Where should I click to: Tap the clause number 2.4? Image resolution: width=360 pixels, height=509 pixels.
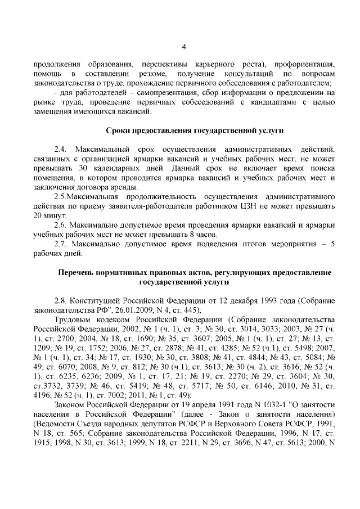point(60,150)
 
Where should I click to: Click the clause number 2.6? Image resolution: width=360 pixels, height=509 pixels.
point(60,224)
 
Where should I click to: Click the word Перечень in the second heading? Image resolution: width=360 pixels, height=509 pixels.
point(77,272)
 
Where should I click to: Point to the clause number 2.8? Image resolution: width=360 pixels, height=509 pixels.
point(60,301)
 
